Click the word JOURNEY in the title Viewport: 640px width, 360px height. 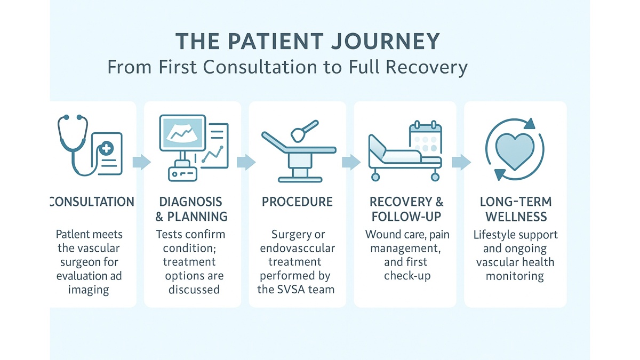(x=381, y=42)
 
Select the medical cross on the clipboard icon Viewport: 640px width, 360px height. (x=107, y=149)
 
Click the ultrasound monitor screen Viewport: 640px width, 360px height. (x=182, y=132)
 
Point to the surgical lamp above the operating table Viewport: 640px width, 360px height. (x=298, y=130)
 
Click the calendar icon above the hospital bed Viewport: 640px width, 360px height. (x=425, y=138)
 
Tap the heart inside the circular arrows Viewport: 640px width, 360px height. (x=514, y=149)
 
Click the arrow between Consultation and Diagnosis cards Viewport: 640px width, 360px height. (x=141, y=162)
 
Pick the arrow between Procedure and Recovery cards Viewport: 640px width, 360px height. (x=350, y=162)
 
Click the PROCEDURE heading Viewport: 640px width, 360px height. (x=297, y=202)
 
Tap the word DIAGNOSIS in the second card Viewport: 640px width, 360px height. (x=190, y=202)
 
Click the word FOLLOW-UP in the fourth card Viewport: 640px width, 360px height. (x=406, y=217)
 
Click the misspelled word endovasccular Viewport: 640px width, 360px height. (x=297, y=249)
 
